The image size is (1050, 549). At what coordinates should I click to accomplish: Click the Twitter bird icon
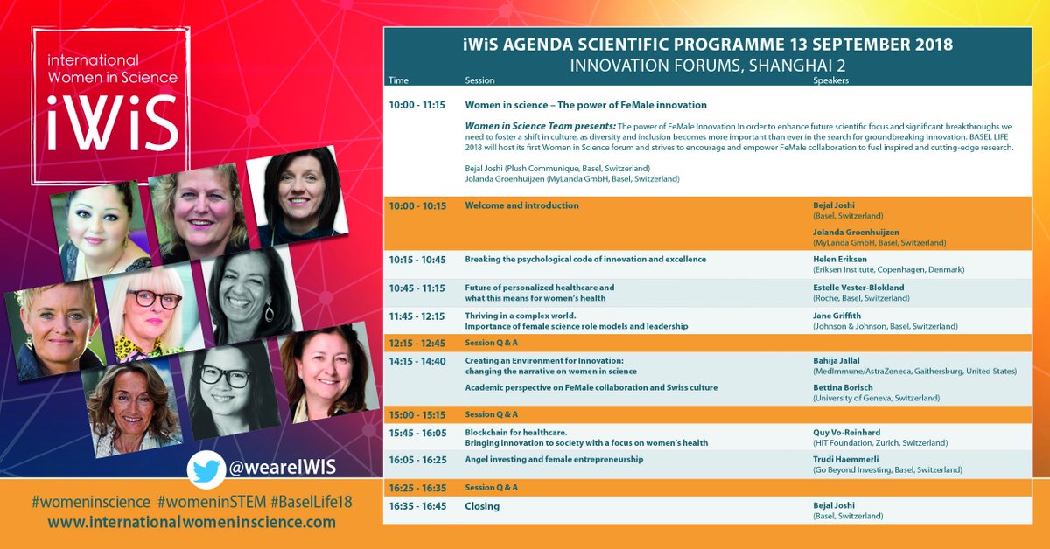(x=206, y=470)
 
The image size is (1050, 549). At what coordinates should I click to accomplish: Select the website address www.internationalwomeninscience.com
(x=192, y=523)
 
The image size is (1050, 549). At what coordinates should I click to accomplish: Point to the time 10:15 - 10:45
(x=416, y=260)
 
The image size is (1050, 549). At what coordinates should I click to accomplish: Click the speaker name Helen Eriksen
(x=841, y=260)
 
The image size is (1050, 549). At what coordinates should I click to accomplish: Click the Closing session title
(x=482, y=506)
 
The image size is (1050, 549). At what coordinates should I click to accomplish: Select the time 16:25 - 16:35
(x=416, y=487)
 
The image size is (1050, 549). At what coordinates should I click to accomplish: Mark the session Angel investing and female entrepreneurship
(x=554, y=459)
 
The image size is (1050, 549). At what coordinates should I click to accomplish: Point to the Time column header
(x=398, y=80)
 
